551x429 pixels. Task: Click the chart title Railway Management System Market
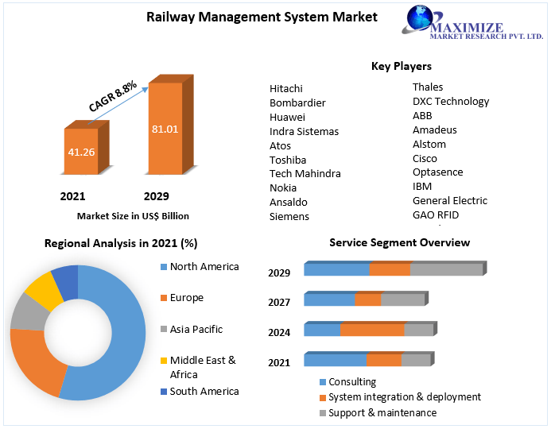262,17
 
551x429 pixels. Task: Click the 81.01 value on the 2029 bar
165,128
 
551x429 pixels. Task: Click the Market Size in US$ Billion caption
133,215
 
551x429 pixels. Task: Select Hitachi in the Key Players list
286,88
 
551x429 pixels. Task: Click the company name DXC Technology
451,101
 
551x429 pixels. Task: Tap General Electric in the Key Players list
450,200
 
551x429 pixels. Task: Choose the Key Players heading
402,66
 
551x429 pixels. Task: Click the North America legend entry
204,267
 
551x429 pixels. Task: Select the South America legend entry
204,391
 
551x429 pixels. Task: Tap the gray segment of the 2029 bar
446,269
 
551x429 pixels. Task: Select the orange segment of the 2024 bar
372,330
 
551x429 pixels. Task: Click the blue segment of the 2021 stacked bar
336,360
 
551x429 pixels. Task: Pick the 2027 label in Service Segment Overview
279,302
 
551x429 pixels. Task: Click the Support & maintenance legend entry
382,412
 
